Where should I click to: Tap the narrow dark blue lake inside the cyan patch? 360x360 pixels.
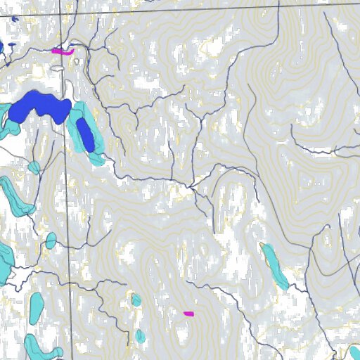coord(86,134)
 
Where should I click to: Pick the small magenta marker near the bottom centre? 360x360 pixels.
coord(188,314)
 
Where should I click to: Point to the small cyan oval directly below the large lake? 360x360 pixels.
coord(34,167)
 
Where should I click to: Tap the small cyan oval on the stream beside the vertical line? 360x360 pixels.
coord(51,241)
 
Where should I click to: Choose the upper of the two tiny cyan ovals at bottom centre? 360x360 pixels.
coord(136,300)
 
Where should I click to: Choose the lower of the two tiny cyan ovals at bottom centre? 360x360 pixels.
coord(140,335)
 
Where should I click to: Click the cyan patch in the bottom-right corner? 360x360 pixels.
coord(354,352)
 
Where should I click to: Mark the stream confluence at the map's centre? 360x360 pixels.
coord(191,186)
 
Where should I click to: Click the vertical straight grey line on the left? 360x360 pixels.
coord(69,211)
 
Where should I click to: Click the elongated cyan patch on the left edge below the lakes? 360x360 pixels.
coord(15,197)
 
